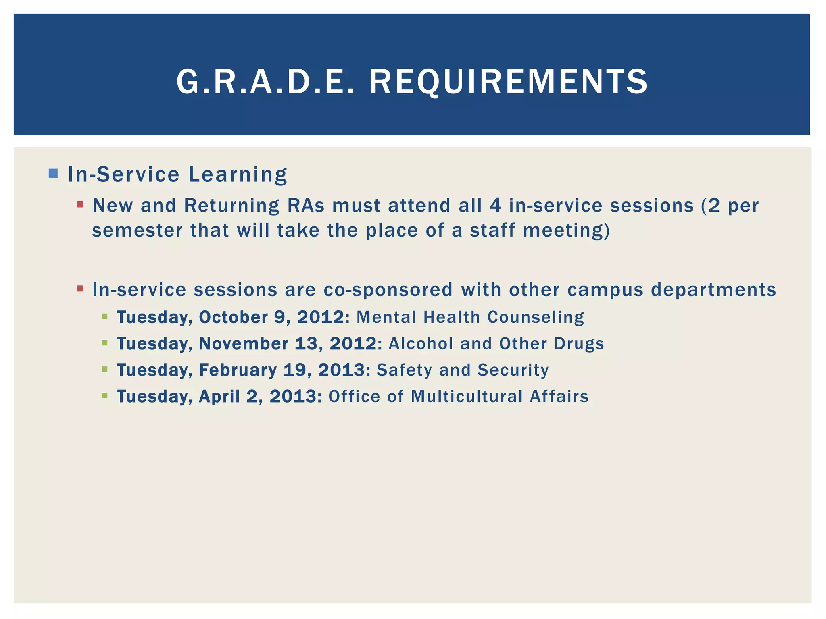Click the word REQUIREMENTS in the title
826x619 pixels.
tap(509, 82)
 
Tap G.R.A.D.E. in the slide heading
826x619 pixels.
tap(266, 82)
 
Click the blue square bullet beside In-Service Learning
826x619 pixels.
tap(53, 174)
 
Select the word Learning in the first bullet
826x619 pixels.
tap(238, 175)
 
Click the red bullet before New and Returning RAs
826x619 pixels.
tap(80, 205)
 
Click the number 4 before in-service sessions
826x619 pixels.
tap(495, 206)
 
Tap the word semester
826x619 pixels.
tap(137, 231)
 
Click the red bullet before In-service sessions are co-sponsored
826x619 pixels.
tap(80, 289)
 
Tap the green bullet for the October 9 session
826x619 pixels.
tap(105, 317)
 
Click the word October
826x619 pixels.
tap(233, 317)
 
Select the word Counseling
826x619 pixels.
tap(536, 317)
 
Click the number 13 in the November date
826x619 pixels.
tap(309, 344)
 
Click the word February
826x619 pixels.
tap(238, 370)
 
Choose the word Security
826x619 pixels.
tap(513, 370)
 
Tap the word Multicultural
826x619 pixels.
tap(467, 397)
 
